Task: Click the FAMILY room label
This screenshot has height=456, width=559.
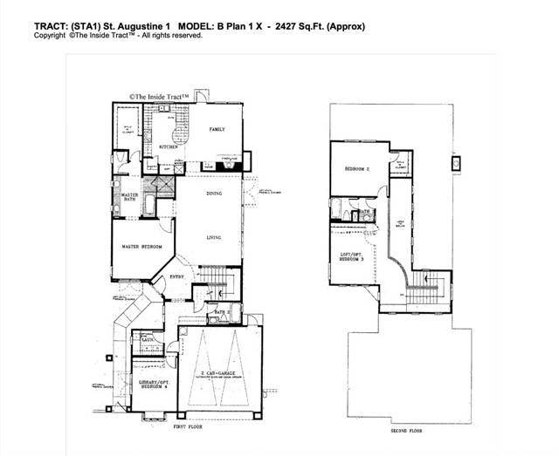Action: (x=217, y=129)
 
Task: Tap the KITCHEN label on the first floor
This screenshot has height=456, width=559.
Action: (x=169, y=147)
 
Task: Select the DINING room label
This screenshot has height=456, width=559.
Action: (x=214, y=194)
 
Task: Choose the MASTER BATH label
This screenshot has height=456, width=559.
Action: (x=130, y=197)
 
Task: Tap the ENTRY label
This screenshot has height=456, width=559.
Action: (x=176, y=277)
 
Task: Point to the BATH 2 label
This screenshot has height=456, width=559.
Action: (x=223, y=312)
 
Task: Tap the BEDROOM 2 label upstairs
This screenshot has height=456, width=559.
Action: (x=357, y=168)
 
